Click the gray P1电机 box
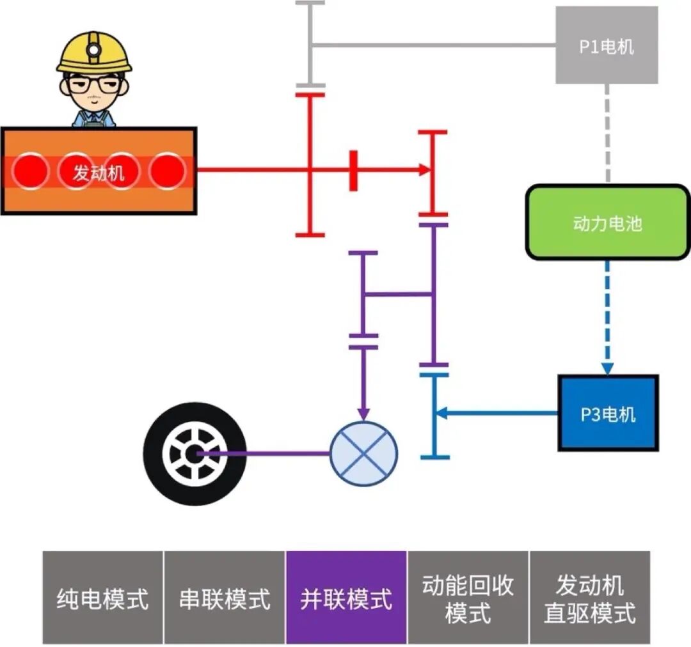point(606,45)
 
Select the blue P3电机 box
point(607,414)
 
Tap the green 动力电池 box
point(607,223)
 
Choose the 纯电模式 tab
point(103,598)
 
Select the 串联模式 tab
point(225,598)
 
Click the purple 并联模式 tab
point(346,598)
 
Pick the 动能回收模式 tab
point(468,598)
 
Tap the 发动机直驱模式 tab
point(589,598)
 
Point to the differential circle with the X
point(363,452)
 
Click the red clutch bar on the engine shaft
point(353,171)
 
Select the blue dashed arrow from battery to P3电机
point(607,313)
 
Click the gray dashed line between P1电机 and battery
point(607,134)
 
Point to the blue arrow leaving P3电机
point(499,414)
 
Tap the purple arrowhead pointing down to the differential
point(363,414)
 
